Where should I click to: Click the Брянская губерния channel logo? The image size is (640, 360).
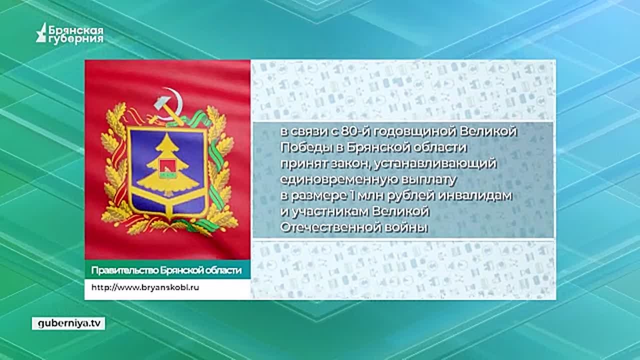[69, 33]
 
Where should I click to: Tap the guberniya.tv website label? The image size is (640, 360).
[68, 323]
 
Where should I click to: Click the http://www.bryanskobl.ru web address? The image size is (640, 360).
[145, 287]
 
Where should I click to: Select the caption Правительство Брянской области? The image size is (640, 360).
[166, 270]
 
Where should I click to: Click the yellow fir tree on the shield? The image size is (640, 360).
[167, 165]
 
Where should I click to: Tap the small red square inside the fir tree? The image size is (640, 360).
[167, 165]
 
